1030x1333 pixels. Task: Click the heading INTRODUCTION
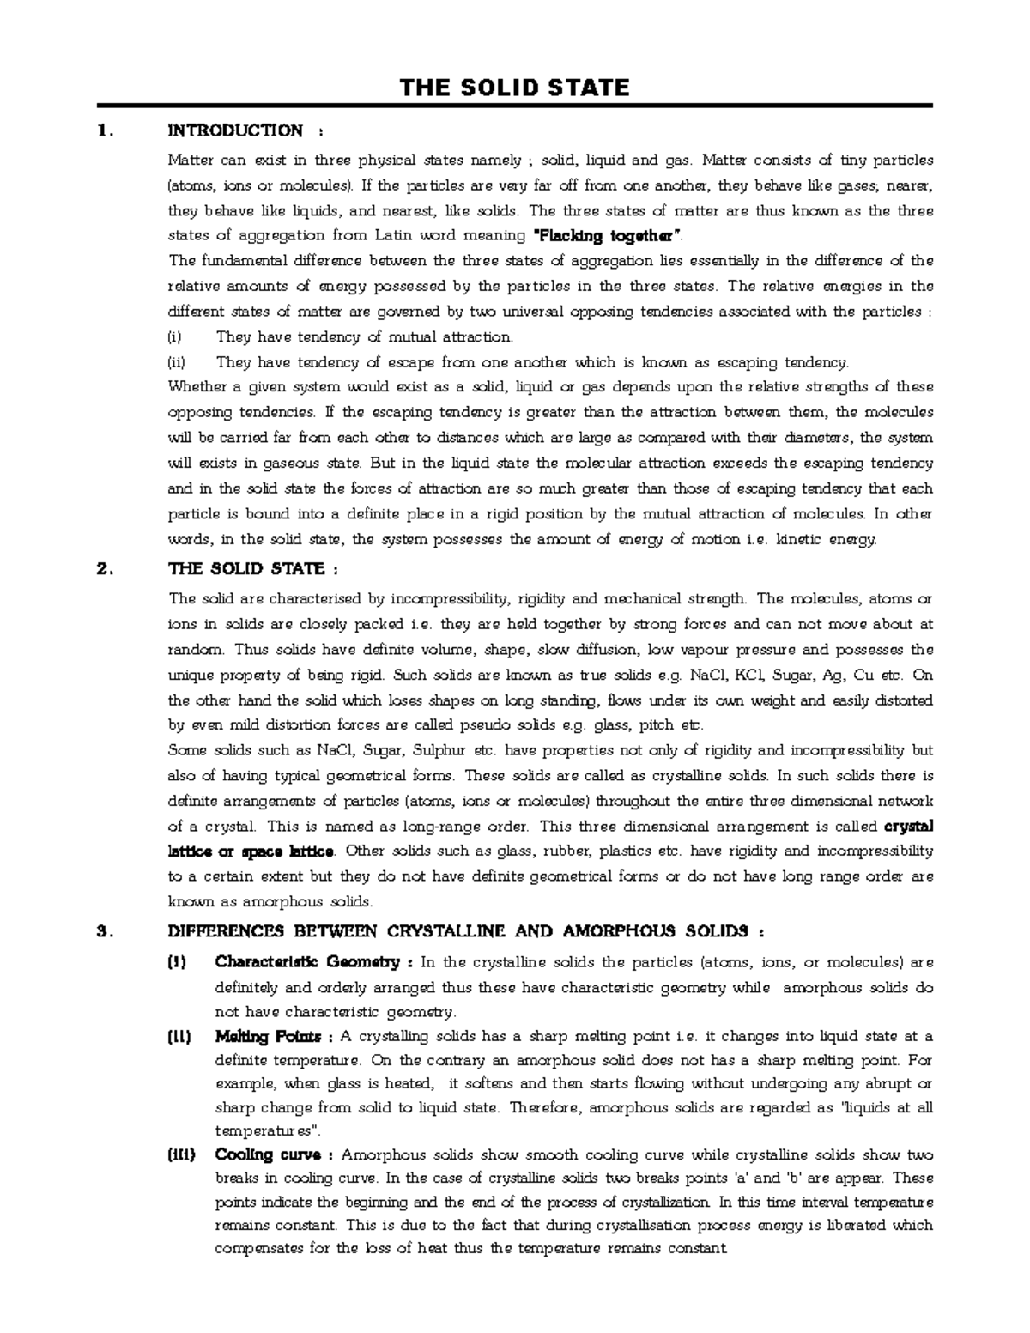click(x=234, y=130)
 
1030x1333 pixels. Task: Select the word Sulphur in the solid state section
click(x=439, y=750)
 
